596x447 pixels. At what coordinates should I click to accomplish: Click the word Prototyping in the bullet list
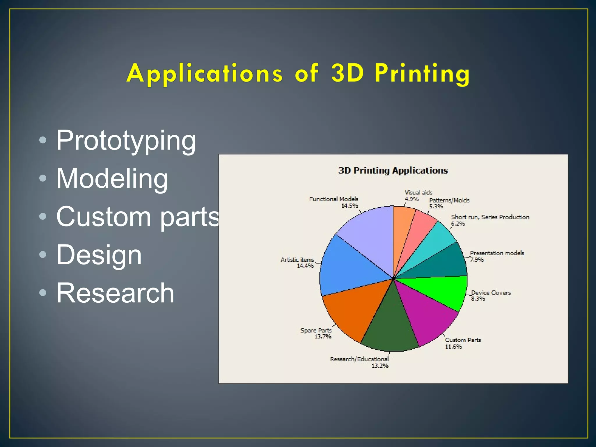pyautogui.click(x=126, y=141)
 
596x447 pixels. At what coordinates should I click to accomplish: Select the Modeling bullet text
pyautogui.click(x=112, y=179)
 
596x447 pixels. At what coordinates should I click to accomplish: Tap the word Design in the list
pyautogui.click(x=99, y=255)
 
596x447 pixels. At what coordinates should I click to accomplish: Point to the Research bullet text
pyautogui.click(x=115, y=293)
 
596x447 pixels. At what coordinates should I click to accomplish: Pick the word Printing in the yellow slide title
pyautogui.click(x=422, y=73)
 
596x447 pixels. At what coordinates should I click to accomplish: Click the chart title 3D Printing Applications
pyautogui.click(x=393, y=171)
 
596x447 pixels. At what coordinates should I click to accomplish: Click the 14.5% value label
pyautogui.click(x=350, y=206)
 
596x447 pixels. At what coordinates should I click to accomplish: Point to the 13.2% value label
pyautogui.click(x=380, y=366)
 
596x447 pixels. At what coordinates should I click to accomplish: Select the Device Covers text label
pyautogui.click(x=491, y=293)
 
